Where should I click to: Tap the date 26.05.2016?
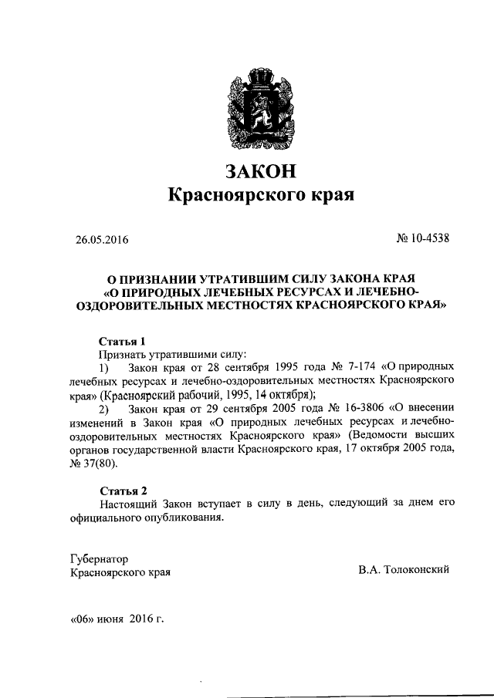click(x=96, y=240)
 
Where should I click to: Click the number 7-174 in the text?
click(x=349, y=366)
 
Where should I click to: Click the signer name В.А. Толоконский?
click(x=403, y=570)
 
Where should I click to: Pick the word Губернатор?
click(x=99, y=558)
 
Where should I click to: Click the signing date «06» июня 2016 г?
click(x=117, y=619)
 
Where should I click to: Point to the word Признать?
click(x=122, y=353)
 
